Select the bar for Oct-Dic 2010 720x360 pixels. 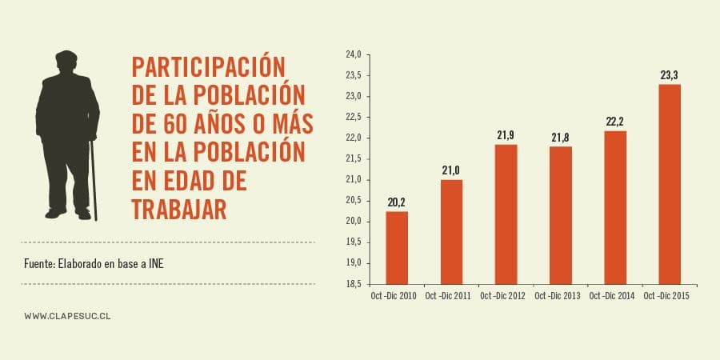(x=397, y=247)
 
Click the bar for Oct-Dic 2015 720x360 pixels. (x=669, y=184)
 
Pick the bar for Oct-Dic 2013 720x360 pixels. (x=560, y=215)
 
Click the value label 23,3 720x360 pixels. (x=669, y=75)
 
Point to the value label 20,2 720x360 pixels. (x=397, y=202)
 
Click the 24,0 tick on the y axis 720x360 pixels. (x=353, y=54)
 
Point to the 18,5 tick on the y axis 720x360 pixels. (x=353, y=284)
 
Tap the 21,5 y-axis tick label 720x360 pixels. (x=353, y=158)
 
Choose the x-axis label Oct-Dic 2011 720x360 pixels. (x=450, y=297)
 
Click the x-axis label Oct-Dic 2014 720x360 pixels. (x=614, y=297)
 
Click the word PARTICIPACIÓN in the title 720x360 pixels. (x=208, y=66)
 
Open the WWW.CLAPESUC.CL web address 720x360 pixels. (x=67, y=316)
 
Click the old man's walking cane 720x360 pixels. (x=94, y=180)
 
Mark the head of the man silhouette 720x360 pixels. (x=67, y=63)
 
